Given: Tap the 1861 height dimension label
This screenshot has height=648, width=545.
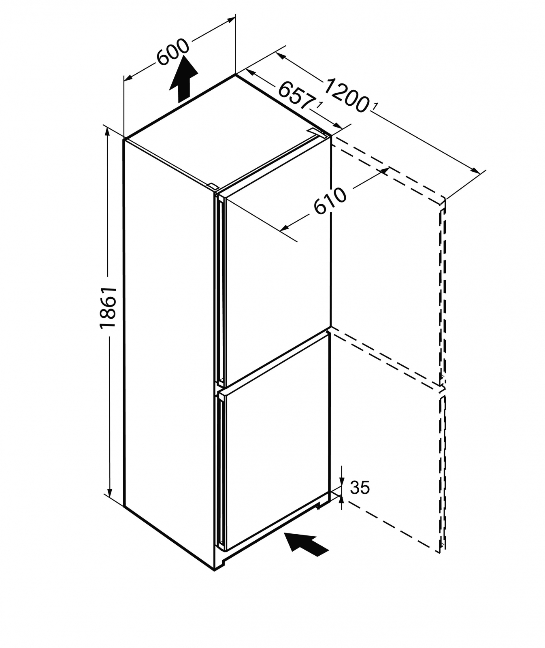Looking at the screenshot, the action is click(108, 307).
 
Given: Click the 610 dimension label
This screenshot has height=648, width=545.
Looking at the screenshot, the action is click(330, 201).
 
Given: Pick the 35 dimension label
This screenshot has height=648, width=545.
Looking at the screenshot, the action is click(360, 488).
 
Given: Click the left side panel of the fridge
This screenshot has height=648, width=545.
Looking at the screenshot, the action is click(168, 344).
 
